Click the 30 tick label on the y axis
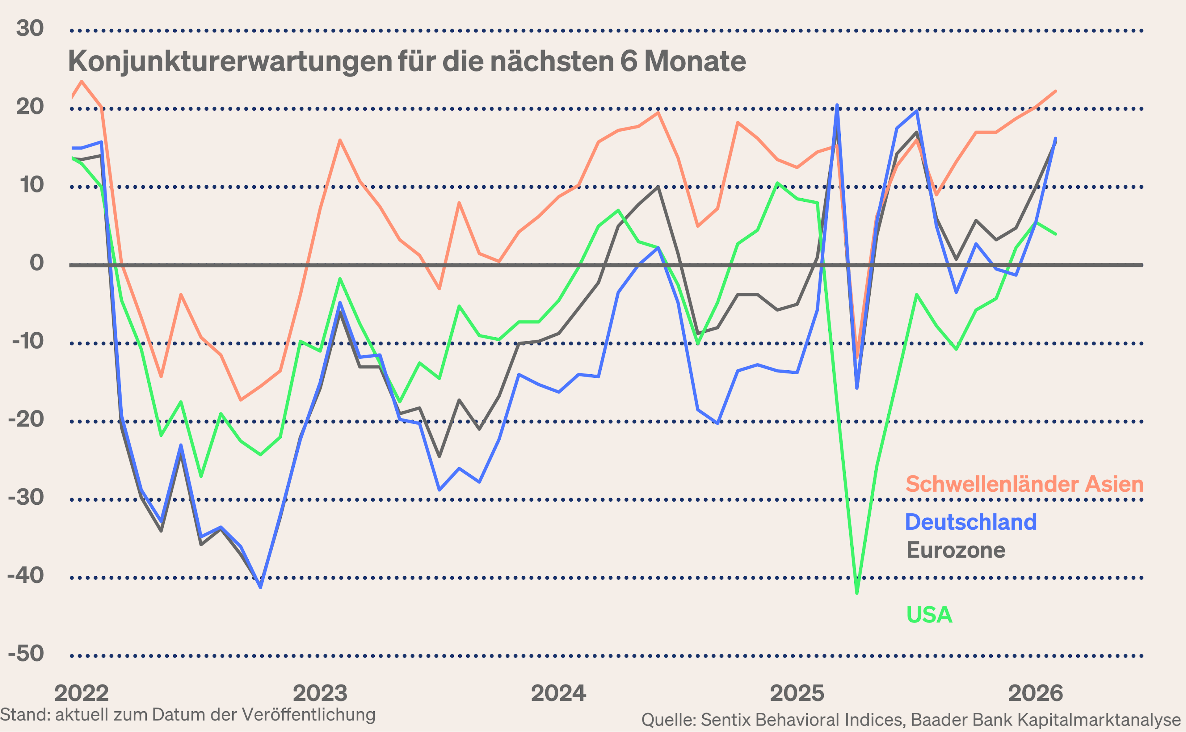pyautogui.click(x=30, y=28)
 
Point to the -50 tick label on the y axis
pyautogui.click(x=26, y=654)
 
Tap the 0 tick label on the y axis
pyautogui.click(x=36, y=263)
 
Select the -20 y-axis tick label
pyautogui.click(x=26, y=419)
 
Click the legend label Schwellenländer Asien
pyautogui.click(x=1024, y=484)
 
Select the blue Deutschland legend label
pyautogui.click(x=971, y=522)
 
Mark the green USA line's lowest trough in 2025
pyautogui.click(x=857, y=593)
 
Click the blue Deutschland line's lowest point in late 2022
pyautogui.click(x=260, y=587)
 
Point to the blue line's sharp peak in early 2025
pyautogui.click(x=837, y=105)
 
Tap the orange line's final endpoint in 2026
pyautogui.click(x=1055, y=91)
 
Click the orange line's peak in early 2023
pyautogui.click(x=340, y=141)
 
